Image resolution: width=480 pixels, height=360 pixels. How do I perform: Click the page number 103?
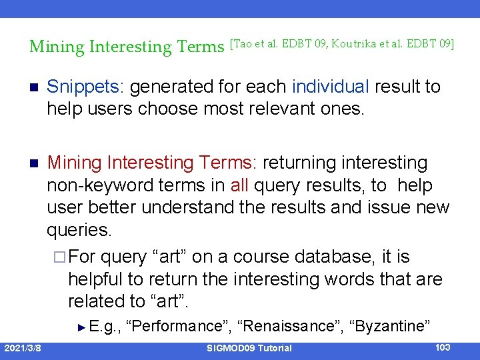point(441,347)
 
